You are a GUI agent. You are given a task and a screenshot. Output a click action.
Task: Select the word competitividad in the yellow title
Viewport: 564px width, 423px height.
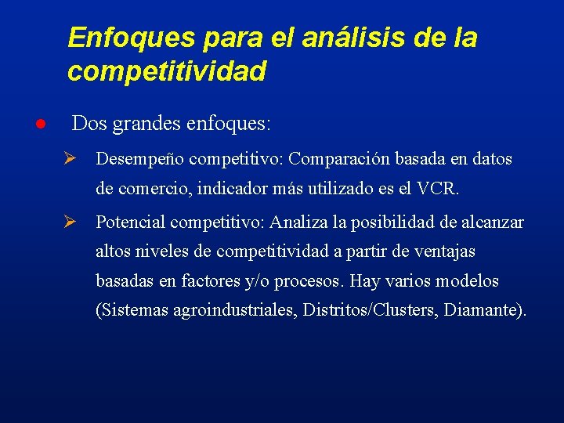pyautogui.click(x=167, y=72)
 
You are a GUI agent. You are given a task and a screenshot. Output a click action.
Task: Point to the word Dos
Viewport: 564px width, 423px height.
pyautogui.click(x=89, y=124)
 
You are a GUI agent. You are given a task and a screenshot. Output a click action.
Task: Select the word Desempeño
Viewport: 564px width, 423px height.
pyautogui.click(x=140, y=160)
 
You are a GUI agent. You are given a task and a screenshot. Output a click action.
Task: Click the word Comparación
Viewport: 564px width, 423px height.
pyautogui.click(x=339, y=159)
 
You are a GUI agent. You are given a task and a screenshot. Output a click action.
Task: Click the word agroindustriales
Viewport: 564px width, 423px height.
pyautogui.click(x=226, y=310)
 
